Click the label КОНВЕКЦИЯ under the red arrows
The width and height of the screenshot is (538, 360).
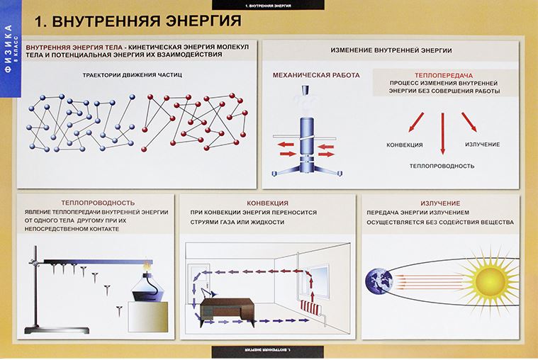[x=405, y=145]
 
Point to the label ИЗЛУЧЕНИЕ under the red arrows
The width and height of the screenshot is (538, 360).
[x=483, y=145]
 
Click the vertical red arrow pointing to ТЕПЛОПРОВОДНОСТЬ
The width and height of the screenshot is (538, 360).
[x=442, y=131]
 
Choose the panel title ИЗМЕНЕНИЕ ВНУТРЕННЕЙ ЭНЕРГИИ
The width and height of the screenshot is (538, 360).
[x=392, y=50]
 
